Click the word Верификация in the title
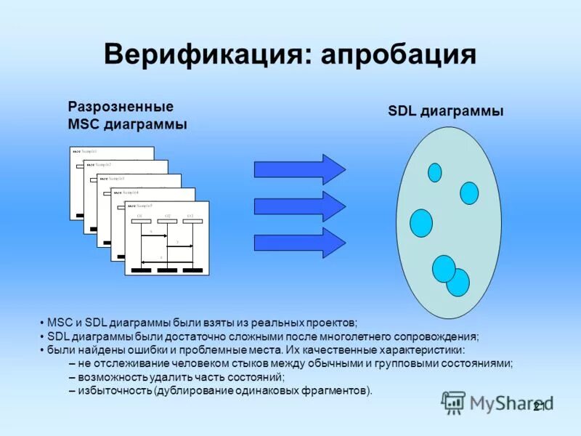click(x=203, y=55)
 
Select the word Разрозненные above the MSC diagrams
click(x=120, y=107)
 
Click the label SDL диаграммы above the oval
click(x=445, y=111)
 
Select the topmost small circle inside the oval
click(x=435, y=172)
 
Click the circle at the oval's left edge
click(x=421, y=222)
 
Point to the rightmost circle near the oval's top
click(x=469, y=193)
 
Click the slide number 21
click(x=540, y=406)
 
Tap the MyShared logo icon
click(x=455, y=402)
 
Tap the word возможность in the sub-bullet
click(x=113, y=378)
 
